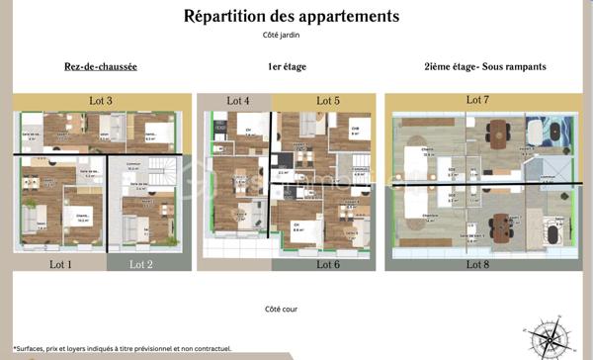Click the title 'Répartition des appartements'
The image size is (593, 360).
pos(292,16)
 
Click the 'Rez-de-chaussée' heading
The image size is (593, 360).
pos(94,66)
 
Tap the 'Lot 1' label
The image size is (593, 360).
pos(62,264)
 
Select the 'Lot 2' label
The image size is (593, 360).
pos(141,264)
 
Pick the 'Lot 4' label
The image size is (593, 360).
pos(238,101)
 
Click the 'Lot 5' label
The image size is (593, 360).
pos(328,101)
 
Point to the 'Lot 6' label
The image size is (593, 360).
pos(328,264)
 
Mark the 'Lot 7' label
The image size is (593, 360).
pos(477,100)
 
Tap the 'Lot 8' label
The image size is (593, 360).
pos(477,264)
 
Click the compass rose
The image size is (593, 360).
pos(550,338)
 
